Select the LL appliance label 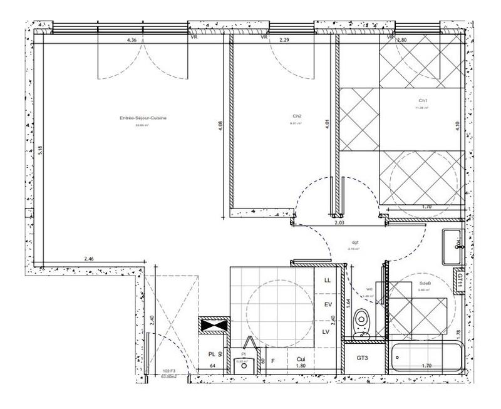(x=326, y=281)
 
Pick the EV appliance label (x=327, y=305)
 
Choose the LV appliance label (x=326, y=331)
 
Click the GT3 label (x=362, y=358)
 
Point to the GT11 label (x=460, y=279)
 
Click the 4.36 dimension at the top (x=132, y=40)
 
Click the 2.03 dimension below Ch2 (x=339, y=222)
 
